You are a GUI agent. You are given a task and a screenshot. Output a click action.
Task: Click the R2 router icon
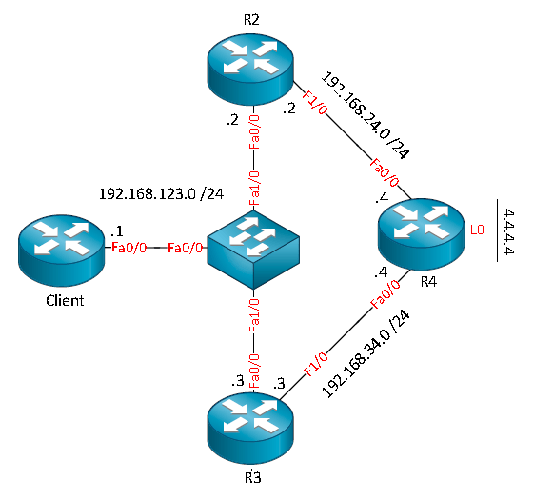click(x=250, y=69)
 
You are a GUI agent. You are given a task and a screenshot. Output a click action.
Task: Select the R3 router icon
click(x=250, y=428)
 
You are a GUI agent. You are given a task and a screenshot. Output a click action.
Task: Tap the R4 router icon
click(x=422, y=235)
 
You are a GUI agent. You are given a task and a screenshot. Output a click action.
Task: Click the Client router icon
click(x=62, y=250)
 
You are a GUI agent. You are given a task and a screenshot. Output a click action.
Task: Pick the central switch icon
click(x=253, y=250)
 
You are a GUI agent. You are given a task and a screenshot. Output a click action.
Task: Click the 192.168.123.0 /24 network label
click(x=161, y=194)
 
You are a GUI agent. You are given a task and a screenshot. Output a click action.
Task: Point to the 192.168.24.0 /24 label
click(x=366, y=115)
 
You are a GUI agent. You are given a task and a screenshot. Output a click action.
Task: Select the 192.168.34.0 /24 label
click(x=366, y=354)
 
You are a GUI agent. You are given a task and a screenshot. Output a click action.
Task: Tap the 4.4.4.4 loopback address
click(x=508, y=231)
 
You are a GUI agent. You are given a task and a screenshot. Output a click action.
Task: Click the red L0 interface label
click(x=477, y=230)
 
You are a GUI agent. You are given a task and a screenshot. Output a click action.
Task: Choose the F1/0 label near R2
click(x=315, y=102)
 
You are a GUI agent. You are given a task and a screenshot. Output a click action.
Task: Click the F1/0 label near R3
click(x=316, y=365)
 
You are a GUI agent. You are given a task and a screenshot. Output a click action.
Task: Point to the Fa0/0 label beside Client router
click(x=129, y=248)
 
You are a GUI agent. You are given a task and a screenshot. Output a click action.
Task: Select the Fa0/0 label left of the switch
click(x=186, y=248)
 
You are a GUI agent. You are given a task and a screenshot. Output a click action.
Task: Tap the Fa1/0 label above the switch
click(x=254, y=189)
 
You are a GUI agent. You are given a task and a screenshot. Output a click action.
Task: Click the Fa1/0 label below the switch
click(x=254, y=315)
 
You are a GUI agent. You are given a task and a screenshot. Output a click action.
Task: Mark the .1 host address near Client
click(x=116, y=231)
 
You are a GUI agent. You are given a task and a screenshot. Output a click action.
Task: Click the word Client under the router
click(x=65, y=301)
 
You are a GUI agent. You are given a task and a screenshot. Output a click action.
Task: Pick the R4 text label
click(x=428, y=282)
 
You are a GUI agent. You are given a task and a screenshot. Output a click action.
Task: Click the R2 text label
click(x=251, y=20)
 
